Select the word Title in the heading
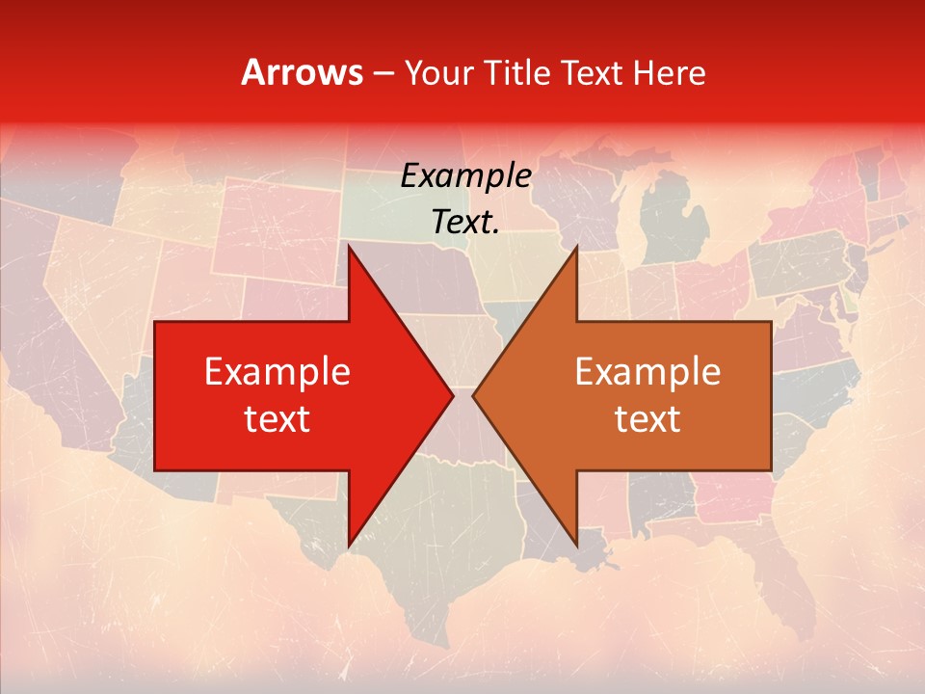[x=514, y=72]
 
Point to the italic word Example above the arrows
[x=465, y=176]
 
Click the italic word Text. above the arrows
[x=465, y=223]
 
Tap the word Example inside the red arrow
[x=277, y=371]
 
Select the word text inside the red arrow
[x=277, y=418]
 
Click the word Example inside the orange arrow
[x=647, y=371]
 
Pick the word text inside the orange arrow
[x=647, y=418]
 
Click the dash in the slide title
[x=383, y=73]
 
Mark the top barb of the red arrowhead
[x=351, y=251]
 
